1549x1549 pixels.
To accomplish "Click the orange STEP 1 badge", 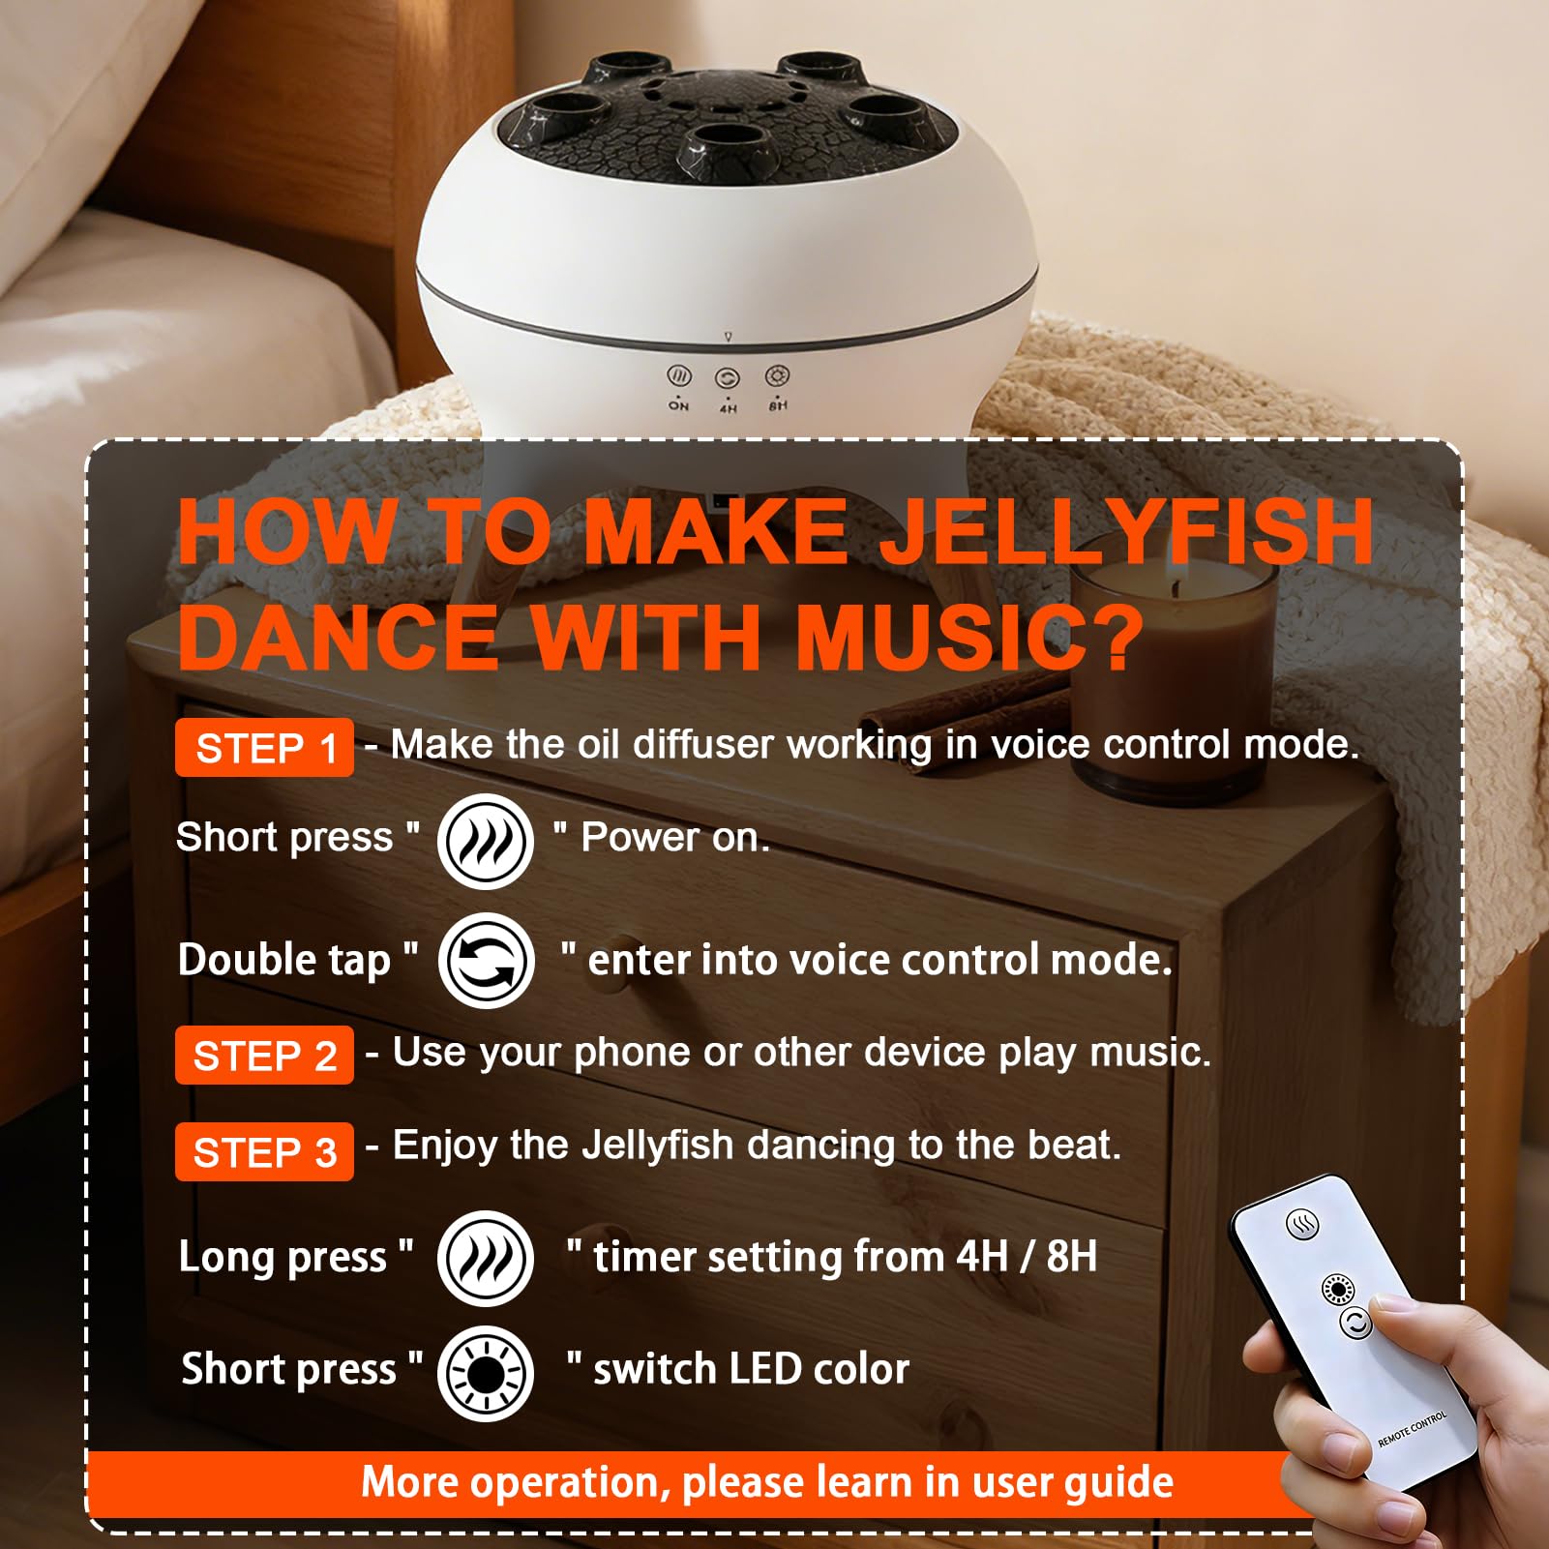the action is (264, 748).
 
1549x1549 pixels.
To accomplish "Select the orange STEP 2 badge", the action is (264, 1056).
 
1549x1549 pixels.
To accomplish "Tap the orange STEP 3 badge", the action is (264, 1152).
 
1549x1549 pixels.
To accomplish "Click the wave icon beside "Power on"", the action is (486, 841).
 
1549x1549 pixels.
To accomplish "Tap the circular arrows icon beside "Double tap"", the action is (486, 961).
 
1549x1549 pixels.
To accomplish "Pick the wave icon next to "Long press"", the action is (486, 1258).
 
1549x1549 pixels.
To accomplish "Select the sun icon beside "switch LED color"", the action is (486, 1373).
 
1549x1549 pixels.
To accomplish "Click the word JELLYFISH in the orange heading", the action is (1131, 531).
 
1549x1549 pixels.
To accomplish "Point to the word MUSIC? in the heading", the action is (969, 637).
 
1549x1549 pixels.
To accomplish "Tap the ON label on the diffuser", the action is (679, 406).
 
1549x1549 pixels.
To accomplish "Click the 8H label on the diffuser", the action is (778, 405).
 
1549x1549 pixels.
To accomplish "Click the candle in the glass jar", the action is (1172, 676).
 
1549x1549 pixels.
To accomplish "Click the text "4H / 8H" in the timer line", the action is (1027, 1257).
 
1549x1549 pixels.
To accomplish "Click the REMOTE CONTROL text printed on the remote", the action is (1413, 1429).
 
